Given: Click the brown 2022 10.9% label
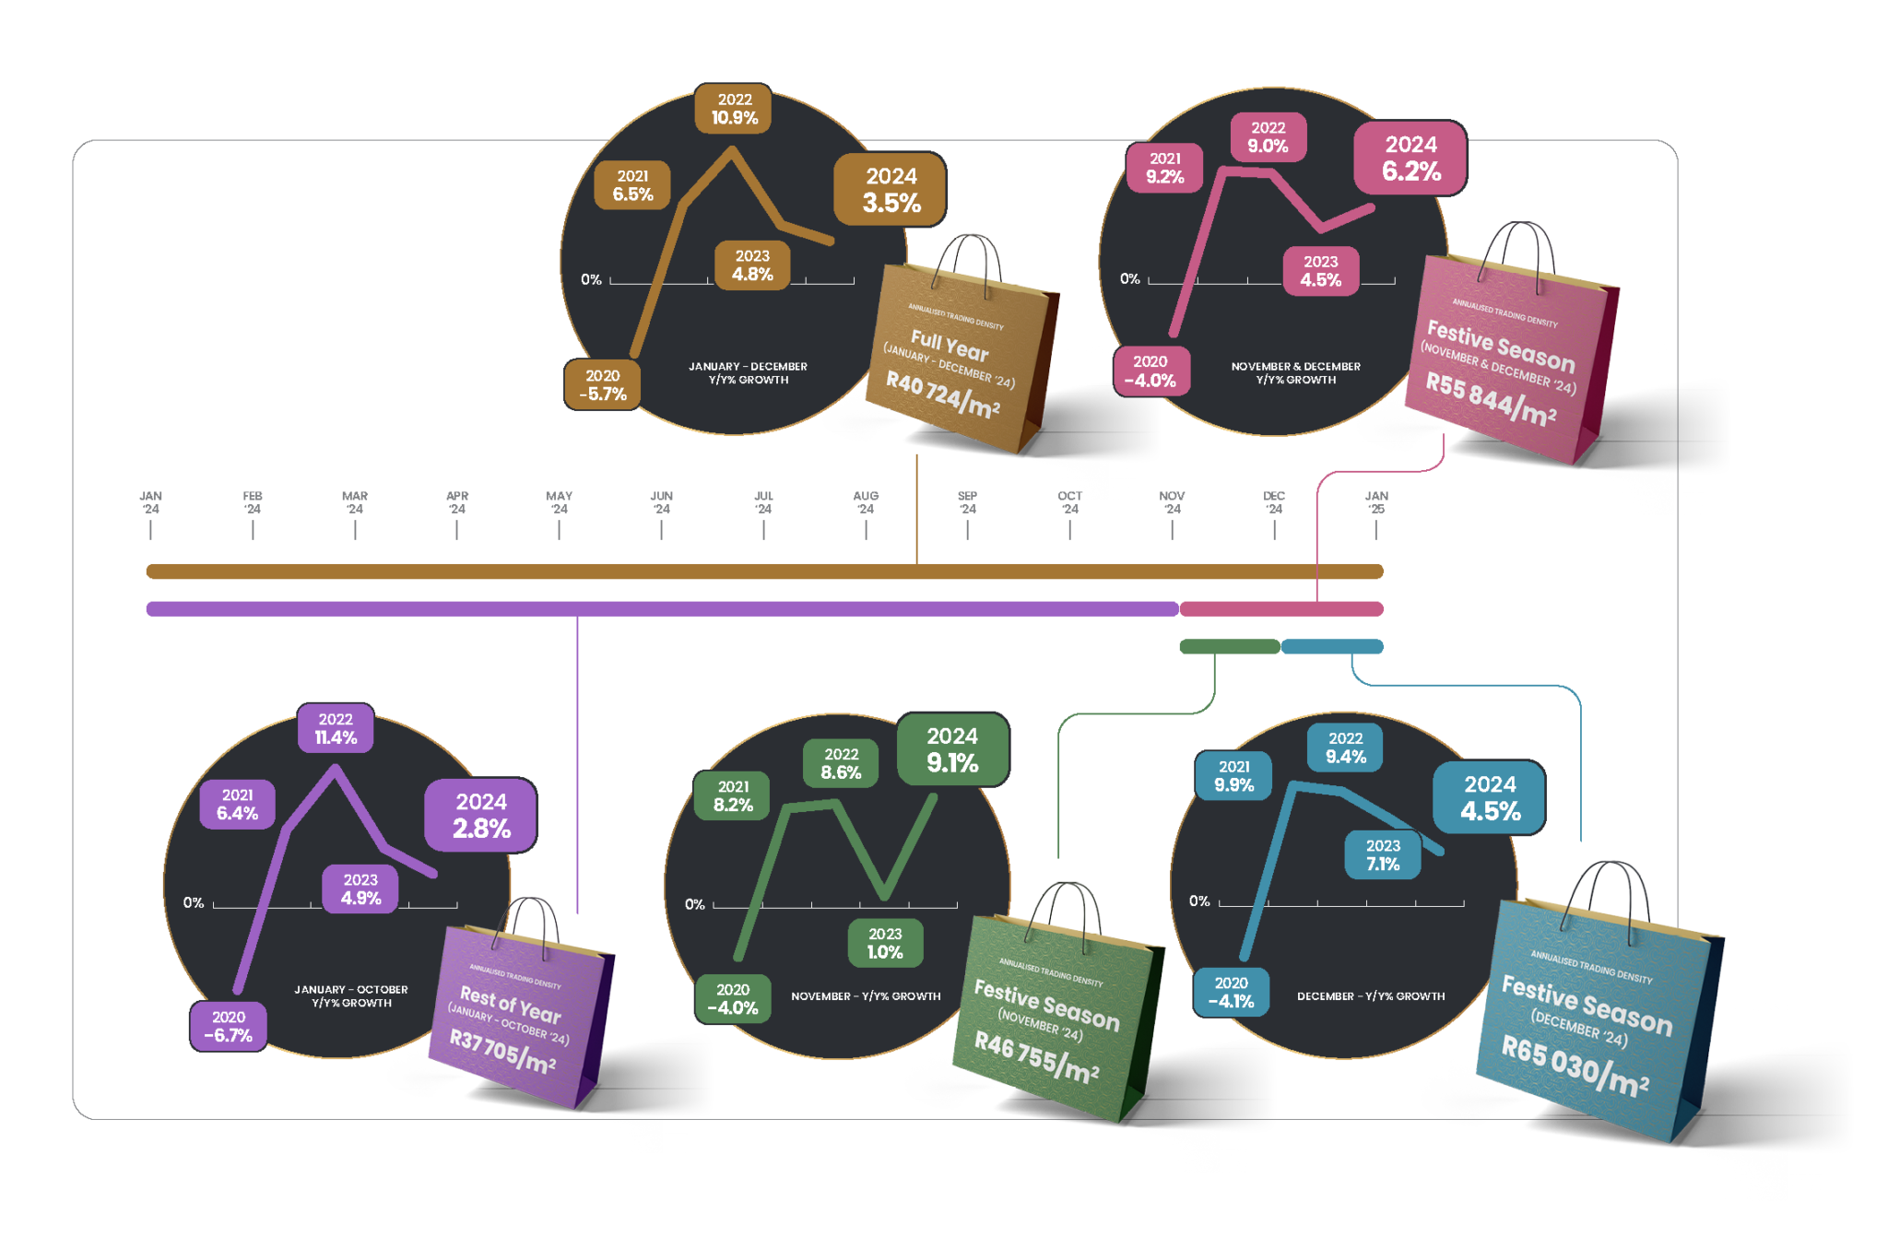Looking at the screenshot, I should (x=734, y=109).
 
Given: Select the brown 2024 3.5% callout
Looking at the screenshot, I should (x=891, y=190).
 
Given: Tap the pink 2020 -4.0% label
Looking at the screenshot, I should (x=1150, y=371).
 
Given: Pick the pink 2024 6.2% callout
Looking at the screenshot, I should (x=1410, y=158).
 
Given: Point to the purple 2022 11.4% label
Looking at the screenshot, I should (x=336, y=728).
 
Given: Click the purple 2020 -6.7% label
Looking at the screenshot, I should (x=229, y=1026).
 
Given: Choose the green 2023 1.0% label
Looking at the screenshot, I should (x=885, y=943).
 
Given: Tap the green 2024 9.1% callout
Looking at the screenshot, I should (x=952, y=749).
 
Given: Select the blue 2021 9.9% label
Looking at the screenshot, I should (x=1233, y=776).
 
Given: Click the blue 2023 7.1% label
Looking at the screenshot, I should (x=1383, y=854).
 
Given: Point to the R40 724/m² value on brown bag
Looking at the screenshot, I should (x=942, y=394).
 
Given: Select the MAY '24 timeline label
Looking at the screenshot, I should (x=559, y=502).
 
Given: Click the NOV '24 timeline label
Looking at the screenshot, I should (x=1172, y=502).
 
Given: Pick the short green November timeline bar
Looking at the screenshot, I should (x=1229, y=646).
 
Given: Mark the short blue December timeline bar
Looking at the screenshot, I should (x=1332, y=646).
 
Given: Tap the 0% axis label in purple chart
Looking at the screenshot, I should (x=194, y=902).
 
